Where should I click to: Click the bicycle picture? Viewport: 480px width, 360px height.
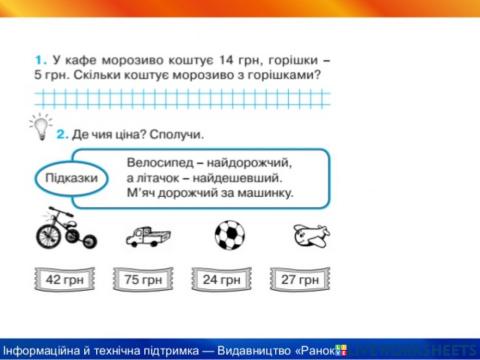(x=63, y=231)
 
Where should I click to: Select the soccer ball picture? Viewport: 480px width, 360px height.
(x=229, y=235)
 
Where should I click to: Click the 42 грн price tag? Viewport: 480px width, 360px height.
(x=65, y=279)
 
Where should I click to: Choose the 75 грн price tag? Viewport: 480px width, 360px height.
(x=143, y=279)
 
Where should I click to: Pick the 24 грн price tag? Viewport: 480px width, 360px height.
(x=222, y=279)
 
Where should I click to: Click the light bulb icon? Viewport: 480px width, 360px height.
(x=40, y=126)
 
